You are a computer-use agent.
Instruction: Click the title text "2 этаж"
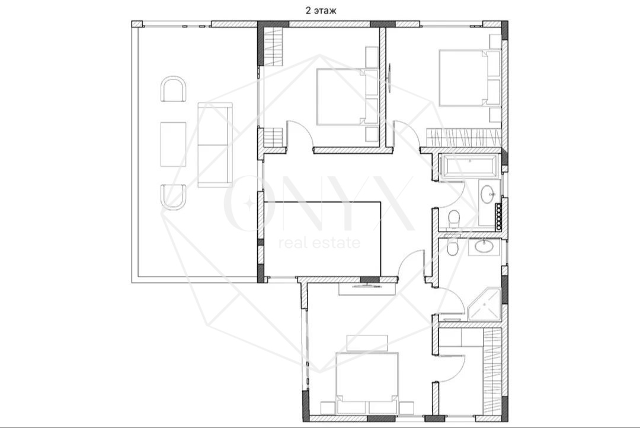tap(321, 11)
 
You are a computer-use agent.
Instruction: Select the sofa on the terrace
tap(215, 145)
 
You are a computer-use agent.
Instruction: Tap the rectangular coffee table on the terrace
tap(174, 144)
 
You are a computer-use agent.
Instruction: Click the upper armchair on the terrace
tap(174, 89)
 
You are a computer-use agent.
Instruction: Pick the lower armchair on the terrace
tap(174, 197)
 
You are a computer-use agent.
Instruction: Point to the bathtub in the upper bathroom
tap(469, 166)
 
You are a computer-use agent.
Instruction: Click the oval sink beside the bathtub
tap(487, 194)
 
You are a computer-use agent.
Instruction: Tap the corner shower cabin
tap(485, 304)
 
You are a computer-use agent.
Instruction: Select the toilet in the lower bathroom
tap(452, 246)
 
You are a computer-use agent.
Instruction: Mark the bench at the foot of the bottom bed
tap(367, 343)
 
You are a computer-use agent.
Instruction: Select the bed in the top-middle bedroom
tap(347, 97)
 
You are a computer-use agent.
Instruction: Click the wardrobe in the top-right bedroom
tap(463, 137)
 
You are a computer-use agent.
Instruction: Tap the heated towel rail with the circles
tap(498, 215)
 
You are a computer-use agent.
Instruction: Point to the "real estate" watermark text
tap(319, 243)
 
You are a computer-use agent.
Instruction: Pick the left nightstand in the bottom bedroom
tap(327, 408)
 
